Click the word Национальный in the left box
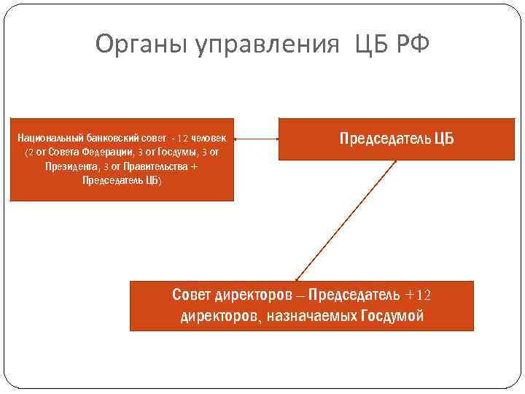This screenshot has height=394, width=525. point(51,139)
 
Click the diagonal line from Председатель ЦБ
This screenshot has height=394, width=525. point(343,219)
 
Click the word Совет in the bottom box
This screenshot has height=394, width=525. point(192,295)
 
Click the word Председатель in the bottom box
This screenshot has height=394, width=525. point(354,295)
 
